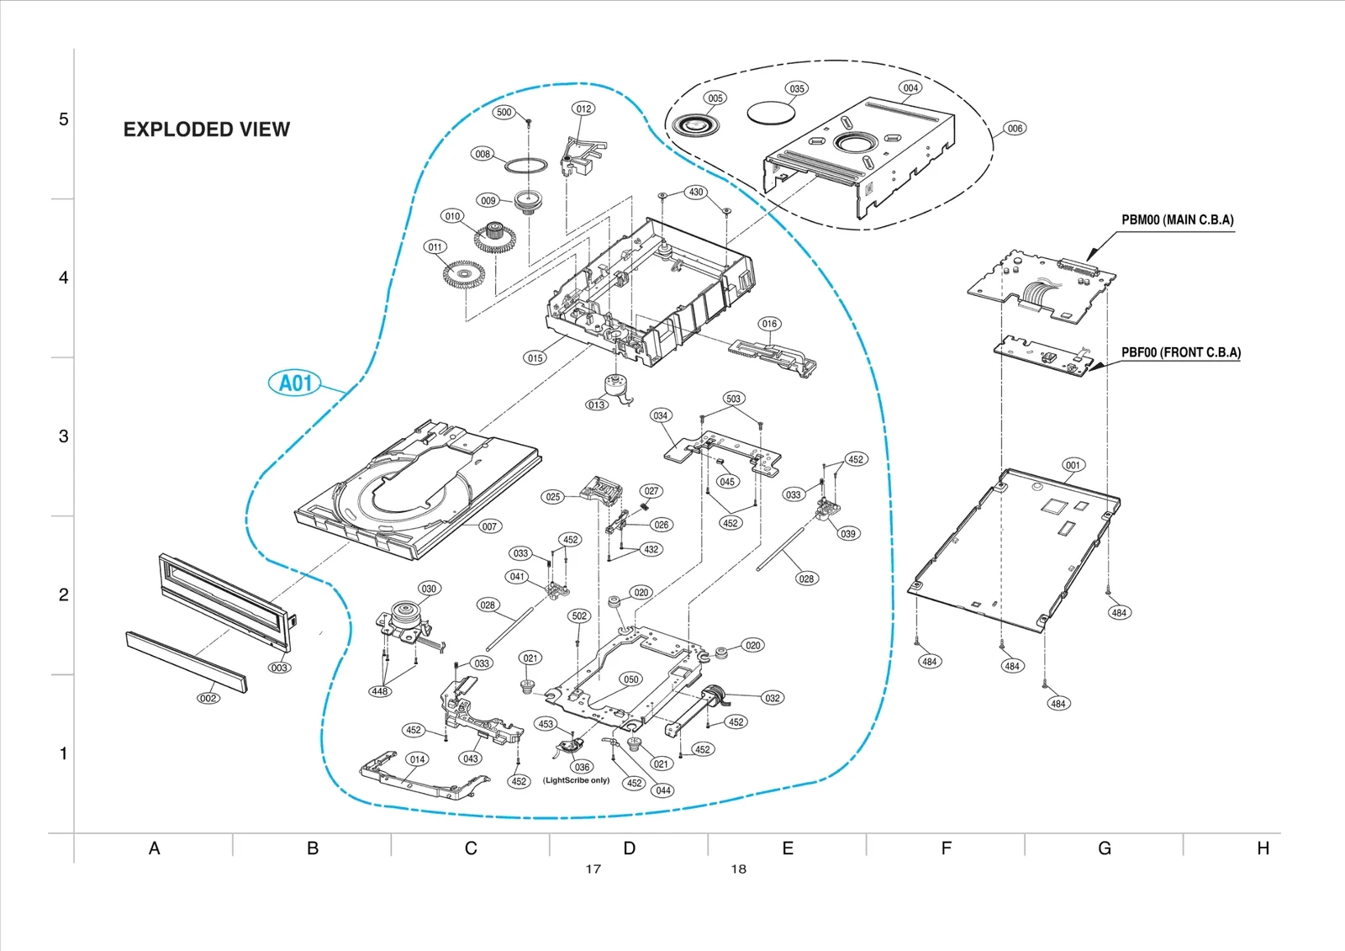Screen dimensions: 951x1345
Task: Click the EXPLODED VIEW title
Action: point(206,129)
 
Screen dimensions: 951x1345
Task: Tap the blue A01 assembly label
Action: point(295,383)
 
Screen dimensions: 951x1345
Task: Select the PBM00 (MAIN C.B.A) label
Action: point(1177,220)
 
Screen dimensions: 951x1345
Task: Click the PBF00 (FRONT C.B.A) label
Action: point(1180,353)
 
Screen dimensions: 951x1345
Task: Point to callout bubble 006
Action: point(1015,129)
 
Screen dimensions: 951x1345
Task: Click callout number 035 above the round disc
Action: point(797,88)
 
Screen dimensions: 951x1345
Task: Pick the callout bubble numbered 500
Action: point(504,112)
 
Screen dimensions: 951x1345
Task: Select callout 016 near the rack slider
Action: point(769,324)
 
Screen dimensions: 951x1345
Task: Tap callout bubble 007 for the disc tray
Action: point(489,526)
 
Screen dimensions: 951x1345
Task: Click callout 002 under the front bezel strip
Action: point(208,698)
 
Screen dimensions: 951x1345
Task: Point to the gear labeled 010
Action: point(494,237)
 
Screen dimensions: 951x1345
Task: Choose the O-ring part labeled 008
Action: point(525,165)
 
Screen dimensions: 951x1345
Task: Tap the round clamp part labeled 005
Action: point(695,126)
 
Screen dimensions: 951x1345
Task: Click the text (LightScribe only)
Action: point(576,780)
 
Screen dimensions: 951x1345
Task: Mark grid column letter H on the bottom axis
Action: point(1262,848)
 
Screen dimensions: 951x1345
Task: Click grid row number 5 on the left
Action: point(63,119)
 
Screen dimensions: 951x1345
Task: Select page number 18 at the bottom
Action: point(738,869)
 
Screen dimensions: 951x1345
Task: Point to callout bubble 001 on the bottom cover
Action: point(1073,465)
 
